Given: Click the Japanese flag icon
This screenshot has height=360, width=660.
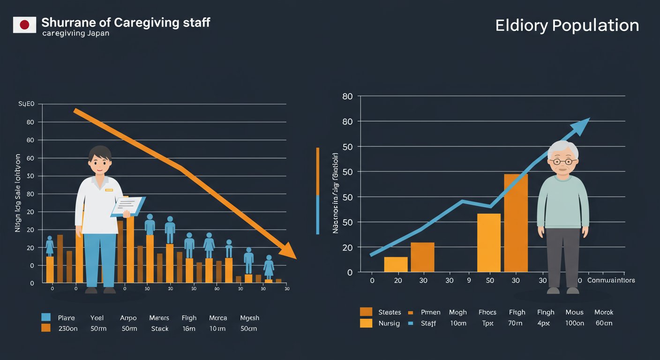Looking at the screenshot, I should [24, 25].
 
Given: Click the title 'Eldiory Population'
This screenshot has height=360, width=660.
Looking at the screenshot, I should [567, 25].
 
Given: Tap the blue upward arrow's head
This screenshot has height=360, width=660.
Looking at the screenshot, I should [582, 126].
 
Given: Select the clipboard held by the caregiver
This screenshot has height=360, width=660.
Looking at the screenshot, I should [127, 206].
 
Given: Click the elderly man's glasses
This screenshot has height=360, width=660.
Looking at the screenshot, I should [563, 162].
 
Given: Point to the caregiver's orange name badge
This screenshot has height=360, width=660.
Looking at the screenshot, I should [109, 190].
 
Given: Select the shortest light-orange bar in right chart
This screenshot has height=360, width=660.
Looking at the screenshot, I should [396, 264].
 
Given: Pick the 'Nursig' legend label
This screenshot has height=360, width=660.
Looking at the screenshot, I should [389, 323].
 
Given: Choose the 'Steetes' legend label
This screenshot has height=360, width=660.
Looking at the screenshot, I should [390, 312].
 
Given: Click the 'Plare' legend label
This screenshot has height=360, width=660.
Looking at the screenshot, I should [66, 318].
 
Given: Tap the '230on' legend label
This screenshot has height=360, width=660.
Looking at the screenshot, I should [67, 329].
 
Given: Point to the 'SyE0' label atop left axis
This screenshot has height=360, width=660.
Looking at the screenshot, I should [26, 104].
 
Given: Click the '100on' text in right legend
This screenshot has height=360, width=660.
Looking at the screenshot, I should [574, 323].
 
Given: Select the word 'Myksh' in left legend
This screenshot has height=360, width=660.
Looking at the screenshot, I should [249, 318].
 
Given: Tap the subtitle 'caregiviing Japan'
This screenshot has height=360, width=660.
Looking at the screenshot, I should [75, 33].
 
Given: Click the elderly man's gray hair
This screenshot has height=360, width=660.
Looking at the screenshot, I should [563, 148].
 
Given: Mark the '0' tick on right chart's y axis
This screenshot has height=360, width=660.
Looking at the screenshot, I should [349, 272].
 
